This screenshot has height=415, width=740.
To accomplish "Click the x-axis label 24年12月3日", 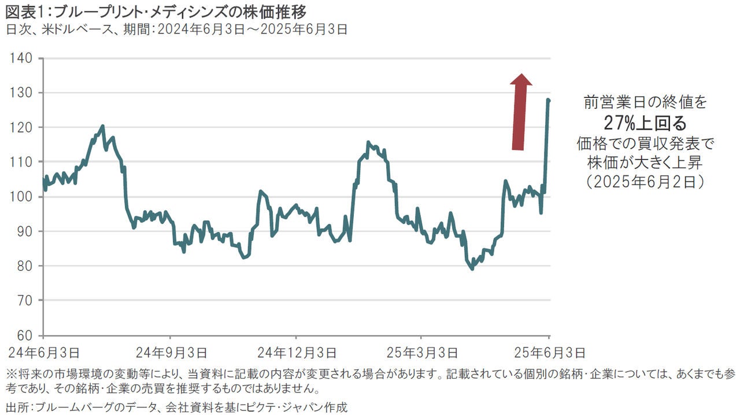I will [297, 352].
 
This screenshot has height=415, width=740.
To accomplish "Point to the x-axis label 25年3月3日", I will [421, 352].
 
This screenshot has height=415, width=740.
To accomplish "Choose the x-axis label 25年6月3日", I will [548, 352].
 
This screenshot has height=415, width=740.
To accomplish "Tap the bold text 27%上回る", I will [645, 122].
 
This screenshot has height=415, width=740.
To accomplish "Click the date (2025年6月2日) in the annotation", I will [645, 181].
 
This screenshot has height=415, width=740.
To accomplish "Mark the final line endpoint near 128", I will [548, 100].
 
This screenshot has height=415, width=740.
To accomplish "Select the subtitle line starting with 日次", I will [176, 29].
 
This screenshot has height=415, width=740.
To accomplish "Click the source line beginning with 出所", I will [176, 407].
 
